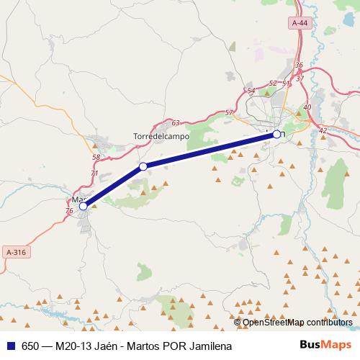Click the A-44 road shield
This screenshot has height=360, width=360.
coord(300,23)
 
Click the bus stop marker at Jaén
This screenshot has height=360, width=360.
coord(276,134)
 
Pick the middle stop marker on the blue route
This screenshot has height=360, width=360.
coord(143,166)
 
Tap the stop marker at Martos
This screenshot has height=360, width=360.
coord(83,206)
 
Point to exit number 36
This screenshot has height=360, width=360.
coord(298,65)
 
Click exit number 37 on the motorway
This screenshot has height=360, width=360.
coord(300,78)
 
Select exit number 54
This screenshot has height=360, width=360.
coord(251,90)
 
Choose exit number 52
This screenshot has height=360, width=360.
coord(272,84)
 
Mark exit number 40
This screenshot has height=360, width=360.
coord(307,107)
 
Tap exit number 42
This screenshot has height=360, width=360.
coord(322,130)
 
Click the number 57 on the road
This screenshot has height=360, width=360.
coord(229,112)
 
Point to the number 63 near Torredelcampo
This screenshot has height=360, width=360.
coord(175,123)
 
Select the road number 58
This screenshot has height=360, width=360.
coord(96,157)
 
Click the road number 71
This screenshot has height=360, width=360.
coord(94,174)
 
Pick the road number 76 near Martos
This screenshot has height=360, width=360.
coord(69,211)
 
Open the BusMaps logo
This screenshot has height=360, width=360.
coord(326,346)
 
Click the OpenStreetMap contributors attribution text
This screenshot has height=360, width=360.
coord(297,322)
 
